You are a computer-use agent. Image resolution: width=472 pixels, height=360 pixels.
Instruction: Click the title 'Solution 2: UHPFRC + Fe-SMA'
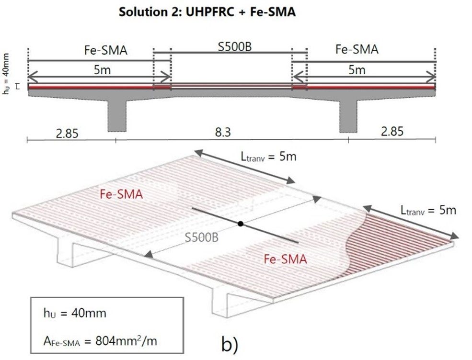(207, 12)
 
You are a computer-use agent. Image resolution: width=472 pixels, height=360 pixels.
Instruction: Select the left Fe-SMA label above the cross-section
(104, 50)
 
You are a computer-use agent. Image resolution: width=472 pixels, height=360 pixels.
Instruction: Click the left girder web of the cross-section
(116, 115)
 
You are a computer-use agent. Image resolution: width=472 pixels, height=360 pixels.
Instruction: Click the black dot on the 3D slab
(241, 224)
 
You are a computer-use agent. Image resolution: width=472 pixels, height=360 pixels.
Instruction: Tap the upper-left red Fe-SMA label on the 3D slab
(121, 194)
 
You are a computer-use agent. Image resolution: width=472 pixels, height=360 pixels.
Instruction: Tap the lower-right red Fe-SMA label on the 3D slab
(286, 259)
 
